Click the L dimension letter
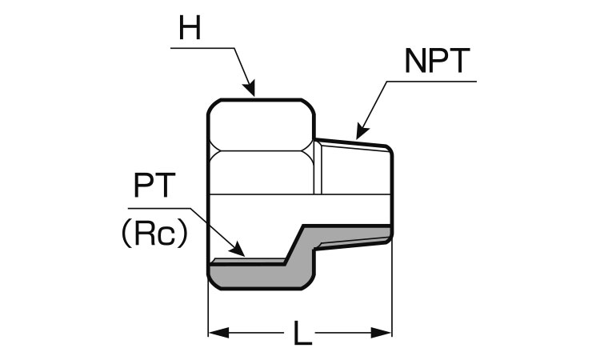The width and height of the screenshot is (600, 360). coord(301,332)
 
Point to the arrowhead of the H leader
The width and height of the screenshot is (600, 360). coord(251,90)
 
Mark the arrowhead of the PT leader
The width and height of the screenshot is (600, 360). coord(240,251)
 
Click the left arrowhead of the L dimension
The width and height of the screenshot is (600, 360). coord(215,331)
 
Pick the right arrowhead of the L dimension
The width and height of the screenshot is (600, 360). coord(385,331)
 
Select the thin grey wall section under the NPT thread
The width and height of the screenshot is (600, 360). coord(352,234)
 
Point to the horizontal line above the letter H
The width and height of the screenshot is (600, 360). coord(203,49)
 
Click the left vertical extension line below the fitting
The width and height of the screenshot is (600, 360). coord(209,312)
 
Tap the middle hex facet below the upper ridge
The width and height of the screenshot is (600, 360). coord(260,171)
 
